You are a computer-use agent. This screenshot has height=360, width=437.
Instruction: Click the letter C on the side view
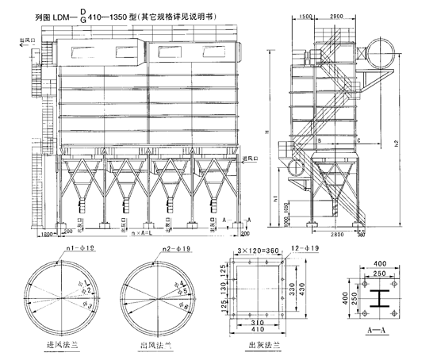click(358, 140)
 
